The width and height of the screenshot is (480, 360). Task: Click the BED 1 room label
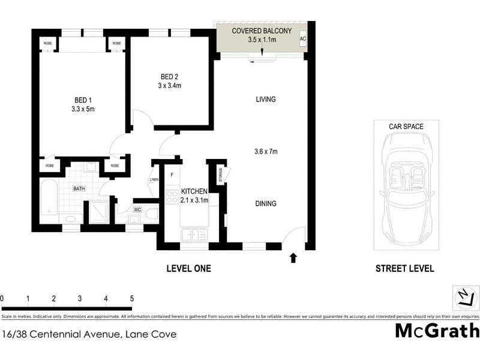[83, 100]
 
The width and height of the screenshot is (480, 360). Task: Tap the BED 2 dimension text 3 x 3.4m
[170, 86]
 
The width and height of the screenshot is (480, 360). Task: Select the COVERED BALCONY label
[262, 31]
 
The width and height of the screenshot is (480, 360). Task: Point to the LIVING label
[265, 100]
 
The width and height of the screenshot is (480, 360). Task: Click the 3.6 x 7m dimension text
[265, 152]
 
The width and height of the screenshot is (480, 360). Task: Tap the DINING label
[265, 203]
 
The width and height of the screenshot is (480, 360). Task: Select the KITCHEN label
[194, 191]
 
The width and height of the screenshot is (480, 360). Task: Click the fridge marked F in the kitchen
[172, 175]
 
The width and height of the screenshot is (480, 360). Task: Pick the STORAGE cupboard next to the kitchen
[220, 175]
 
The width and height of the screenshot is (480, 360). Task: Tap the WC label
[137, 209]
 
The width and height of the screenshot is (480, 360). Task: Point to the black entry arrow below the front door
[293, 258]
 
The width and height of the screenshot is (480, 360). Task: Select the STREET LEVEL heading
[404, 269]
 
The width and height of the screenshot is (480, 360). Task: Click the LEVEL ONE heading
[188, 269]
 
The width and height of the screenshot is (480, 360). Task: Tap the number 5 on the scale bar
[131, 298]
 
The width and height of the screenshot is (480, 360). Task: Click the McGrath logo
[437, 330]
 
